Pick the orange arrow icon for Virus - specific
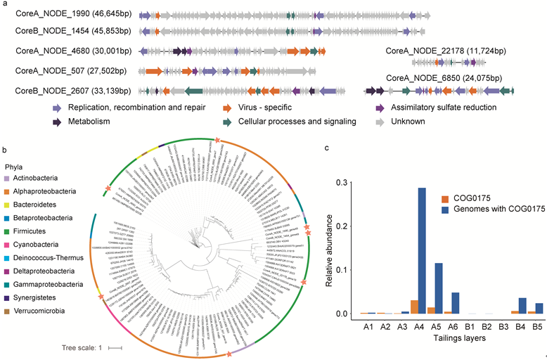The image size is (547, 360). pyautogui.click(x=227, y=108)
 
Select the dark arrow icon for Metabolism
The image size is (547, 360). pyautogui.click(x=57, y=122)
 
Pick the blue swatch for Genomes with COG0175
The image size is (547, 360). pyautogui.click(x=444, y=210)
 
